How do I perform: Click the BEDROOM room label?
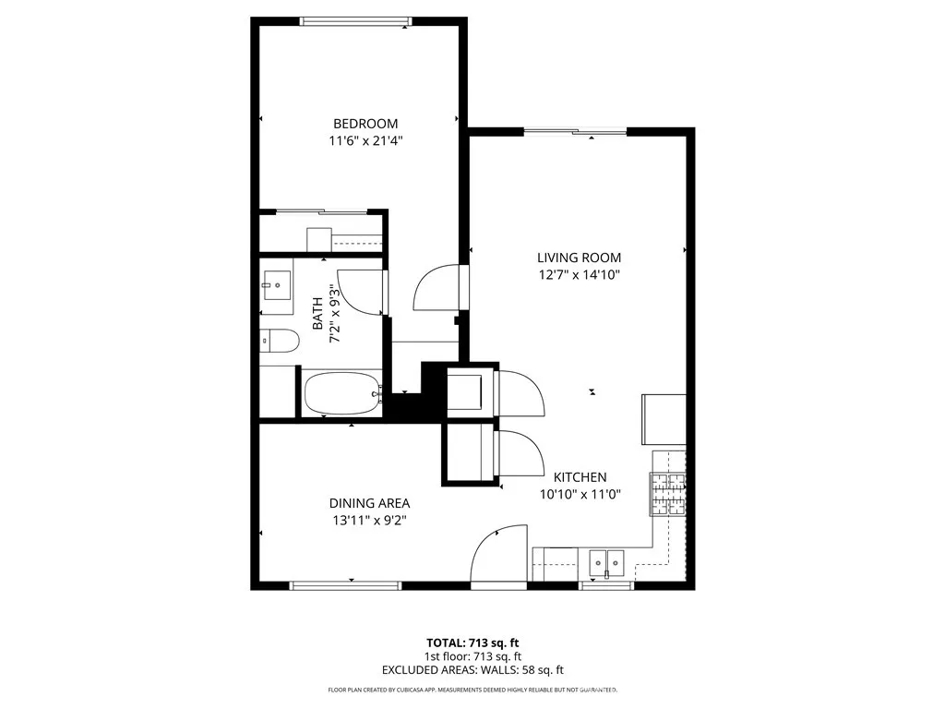pyautogui.click(x=365, y=124)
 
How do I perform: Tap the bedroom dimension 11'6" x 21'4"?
pyautogui.click(x=365, y=141)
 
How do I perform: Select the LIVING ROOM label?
pyautogui.click(x=580, y=258)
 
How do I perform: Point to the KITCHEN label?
pyautogui.click(x=580, y=477)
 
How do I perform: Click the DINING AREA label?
pyautogui.click(x=369, y=503)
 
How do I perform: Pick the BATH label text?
pyautogui.click(x=317, y=314)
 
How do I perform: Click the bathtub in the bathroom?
pyautogui.click(x=341, y=394)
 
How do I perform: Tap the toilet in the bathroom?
pyautogui.click(x=279, y=342)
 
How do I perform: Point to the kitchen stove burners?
pyautogui.click(x=667, y=494)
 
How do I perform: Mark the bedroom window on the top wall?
pyautogui.click(x=355, y=20)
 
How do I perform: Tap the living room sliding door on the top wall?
pyautogui.click(x=575, y=132)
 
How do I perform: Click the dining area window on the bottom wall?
pyautogui.click(x=345, y=585)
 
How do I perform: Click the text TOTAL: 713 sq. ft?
pyautogui.click(x=472, y=642)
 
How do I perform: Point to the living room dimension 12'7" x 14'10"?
pyautogui.click(x=580, y=275)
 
